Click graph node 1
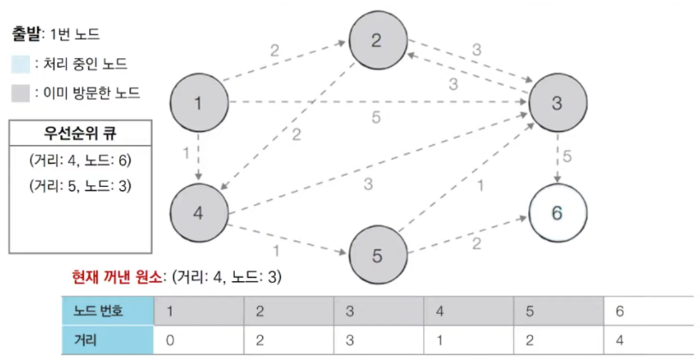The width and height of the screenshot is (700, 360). click(x=198, y=104)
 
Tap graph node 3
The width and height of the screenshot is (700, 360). click(x=557, y=104)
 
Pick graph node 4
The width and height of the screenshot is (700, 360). click(x=198, y=212)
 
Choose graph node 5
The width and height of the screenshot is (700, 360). click(x=378, y=255)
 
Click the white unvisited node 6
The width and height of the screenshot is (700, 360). click(x=557, y=212)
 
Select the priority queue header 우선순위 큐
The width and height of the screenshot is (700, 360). click(x=79, y=133)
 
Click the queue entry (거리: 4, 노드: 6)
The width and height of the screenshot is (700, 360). click(x=79, y=159)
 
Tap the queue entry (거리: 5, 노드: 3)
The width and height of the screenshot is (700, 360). click(x=79, y=185)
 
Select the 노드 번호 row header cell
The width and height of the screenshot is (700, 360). click(x=106, y=311)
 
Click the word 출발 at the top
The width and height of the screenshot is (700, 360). click(x=28, y=35)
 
